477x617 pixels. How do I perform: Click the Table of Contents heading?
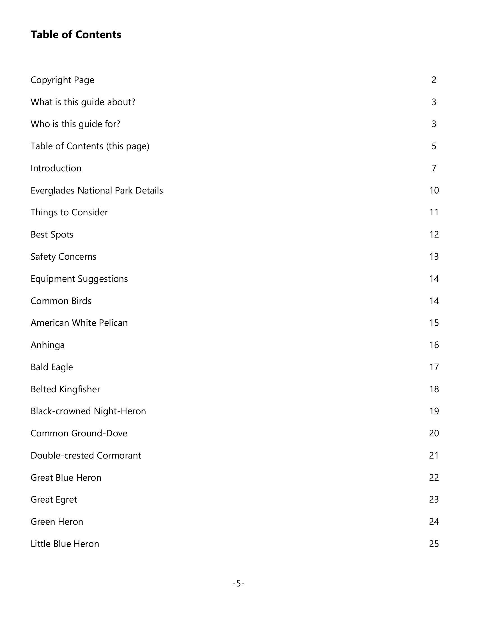pos(76,35)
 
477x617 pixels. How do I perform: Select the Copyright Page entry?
pos(62,80)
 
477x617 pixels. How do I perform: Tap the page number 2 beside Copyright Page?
pos(434,80)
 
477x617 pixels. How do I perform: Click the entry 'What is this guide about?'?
pos(83,102)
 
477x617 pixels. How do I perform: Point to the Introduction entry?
pos(56,168)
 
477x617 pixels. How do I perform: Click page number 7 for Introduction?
pos(434,168)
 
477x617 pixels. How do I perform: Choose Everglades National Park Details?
pos(97,190)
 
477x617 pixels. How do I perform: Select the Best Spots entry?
pos(52,234)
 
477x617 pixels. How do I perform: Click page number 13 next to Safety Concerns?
pos(434,257)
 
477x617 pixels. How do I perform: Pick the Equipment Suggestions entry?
pos(79,279)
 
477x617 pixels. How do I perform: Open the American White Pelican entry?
pos(79,323)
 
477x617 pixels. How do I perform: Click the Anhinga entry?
pos(47,345)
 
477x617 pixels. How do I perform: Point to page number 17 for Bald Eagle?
pos(434,367)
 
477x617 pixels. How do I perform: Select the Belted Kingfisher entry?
pos(65,389)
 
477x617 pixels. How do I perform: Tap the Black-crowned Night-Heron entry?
pos(88,411)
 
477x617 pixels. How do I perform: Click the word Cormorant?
pos(119,455)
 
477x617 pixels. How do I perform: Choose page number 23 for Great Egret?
pos(434,499)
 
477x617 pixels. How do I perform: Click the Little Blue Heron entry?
pos(65,544)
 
